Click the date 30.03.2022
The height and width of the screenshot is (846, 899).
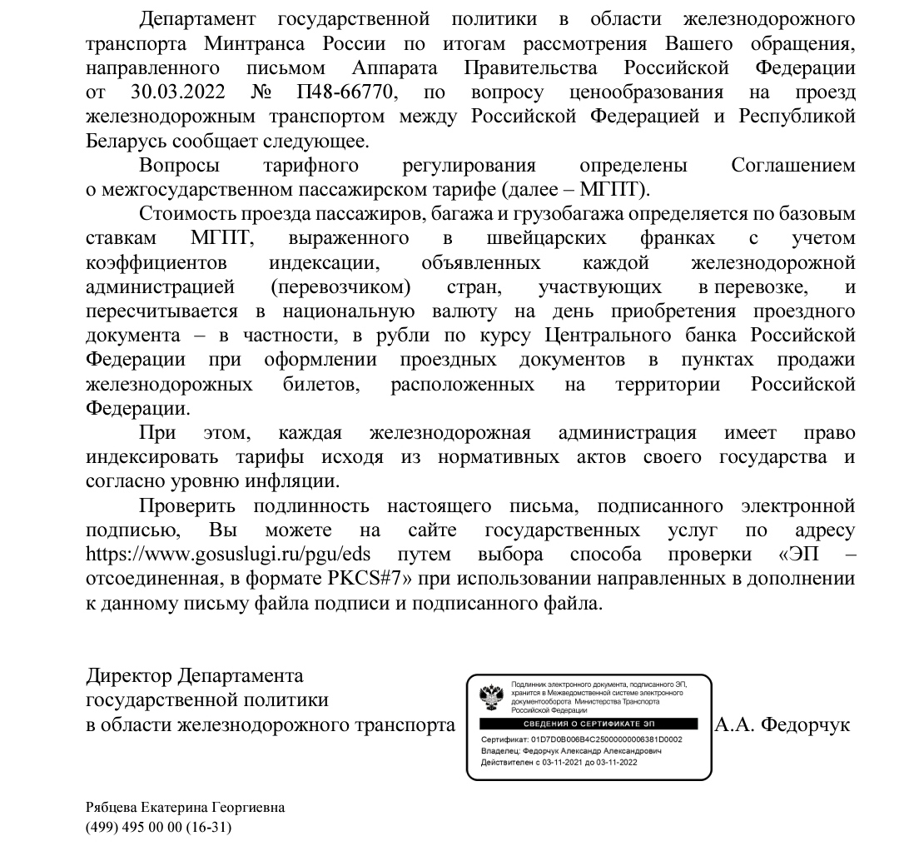(x=179, y=92)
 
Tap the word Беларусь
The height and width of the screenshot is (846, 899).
(x=126, y=141)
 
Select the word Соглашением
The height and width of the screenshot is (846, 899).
(x=792, y=165)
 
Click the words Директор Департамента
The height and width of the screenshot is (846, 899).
(x=195, y=674)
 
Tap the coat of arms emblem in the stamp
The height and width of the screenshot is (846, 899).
(x=491, y=695)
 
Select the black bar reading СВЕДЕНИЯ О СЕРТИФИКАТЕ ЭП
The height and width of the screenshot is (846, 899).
(x=588, y=724)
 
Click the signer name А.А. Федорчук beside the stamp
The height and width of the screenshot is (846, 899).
(x=782, y=724)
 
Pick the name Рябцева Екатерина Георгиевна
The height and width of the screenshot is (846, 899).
(x=185, y=808)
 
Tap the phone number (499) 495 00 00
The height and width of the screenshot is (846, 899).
(x=138, y=828)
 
